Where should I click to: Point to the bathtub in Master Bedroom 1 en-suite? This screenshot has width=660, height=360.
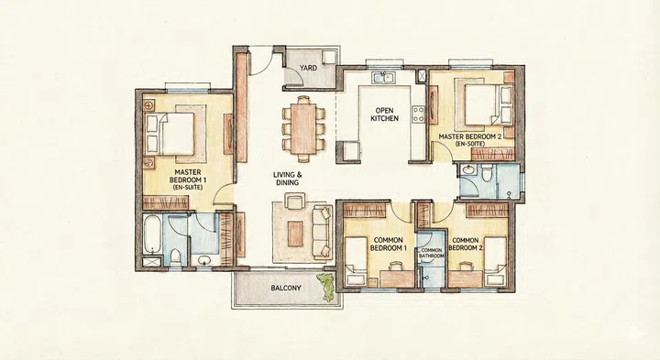[x=152, y=240]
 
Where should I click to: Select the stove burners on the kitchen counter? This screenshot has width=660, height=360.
[x=418, y=115]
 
